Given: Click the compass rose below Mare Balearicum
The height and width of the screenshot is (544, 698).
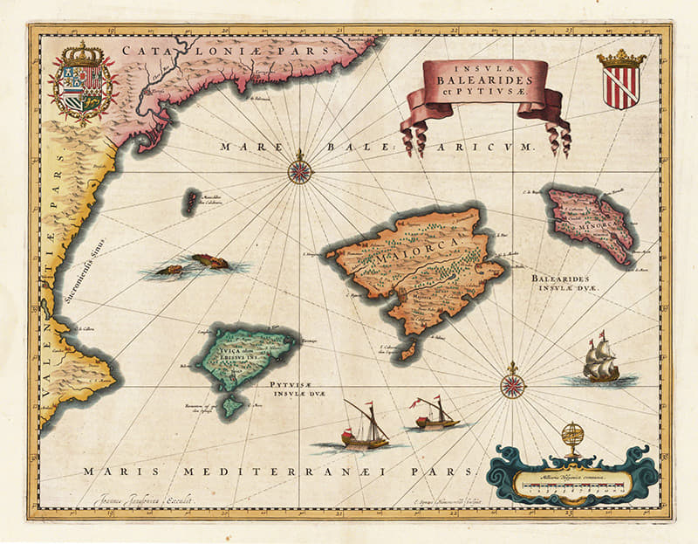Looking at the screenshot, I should click(x=299, y=168).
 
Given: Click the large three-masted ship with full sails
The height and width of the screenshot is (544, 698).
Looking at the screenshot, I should click(x=600, y=360).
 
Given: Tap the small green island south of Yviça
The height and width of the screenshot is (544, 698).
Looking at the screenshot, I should click(x=232, y=405).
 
